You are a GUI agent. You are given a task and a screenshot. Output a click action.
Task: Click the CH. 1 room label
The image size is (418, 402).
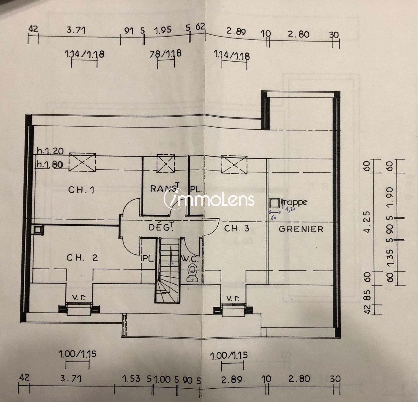click(x=81, y=190)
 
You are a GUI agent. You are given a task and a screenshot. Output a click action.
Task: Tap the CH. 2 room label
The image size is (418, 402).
click(x=82, y=258)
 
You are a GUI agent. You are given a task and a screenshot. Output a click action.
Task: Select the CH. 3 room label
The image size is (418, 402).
click(x=237, y=229)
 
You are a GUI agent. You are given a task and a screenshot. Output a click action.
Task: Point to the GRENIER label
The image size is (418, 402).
click(x=301, y=229)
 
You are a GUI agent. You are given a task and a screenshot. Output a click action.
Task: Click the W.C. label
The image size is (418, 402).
click(x=190, y=259)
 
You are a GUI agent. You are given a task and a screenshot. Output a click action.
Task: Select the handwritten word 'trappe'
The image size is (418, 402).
click(x=295, y=202)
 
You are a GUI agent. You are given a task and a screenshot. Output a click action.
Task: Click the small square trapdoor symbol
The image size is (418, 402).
click(x=275, y=202)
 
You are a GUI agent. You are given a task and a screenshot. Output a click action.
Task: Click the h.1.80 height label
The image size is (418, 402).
click(x=50, y=164)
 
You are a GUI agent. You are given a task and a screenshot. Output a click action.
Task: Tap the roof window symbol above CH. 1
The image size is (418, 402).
click(x=82, y=162)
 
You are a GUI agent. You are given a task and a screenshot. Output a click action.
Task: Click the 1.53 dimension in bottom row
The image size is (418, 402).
click(x=131, y=378)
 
